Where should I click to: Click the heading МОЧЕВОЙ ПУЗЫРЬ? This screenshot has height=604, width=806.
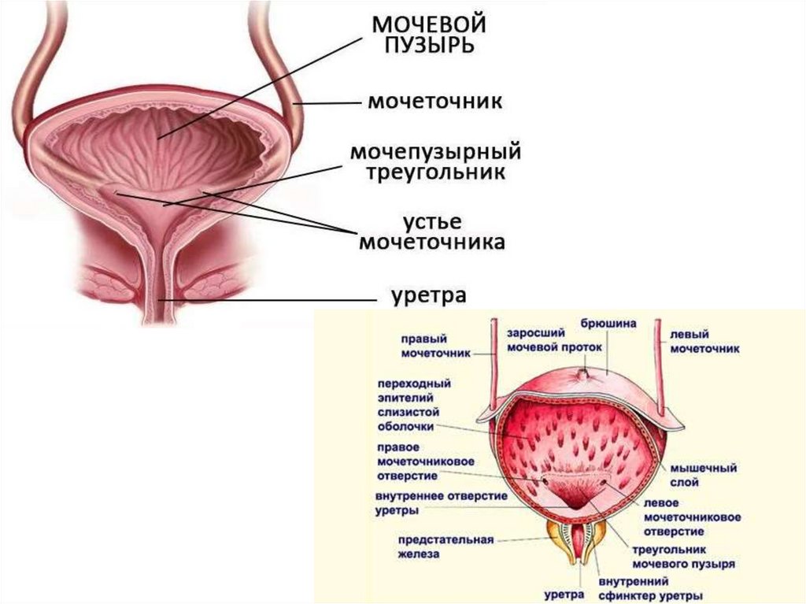[429, 33]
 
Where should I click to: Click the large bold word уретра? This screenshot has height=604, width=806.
[429, 297]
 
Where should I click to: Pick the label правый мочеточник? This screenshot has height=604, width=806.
[435, 346]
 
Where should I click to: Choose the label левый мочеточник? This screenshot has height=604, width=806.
[704, 340]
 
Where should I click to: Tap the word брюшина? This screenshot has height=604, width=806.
[608, 323]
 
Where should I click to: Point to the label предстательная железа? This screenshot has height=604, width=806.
[446, 547]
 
